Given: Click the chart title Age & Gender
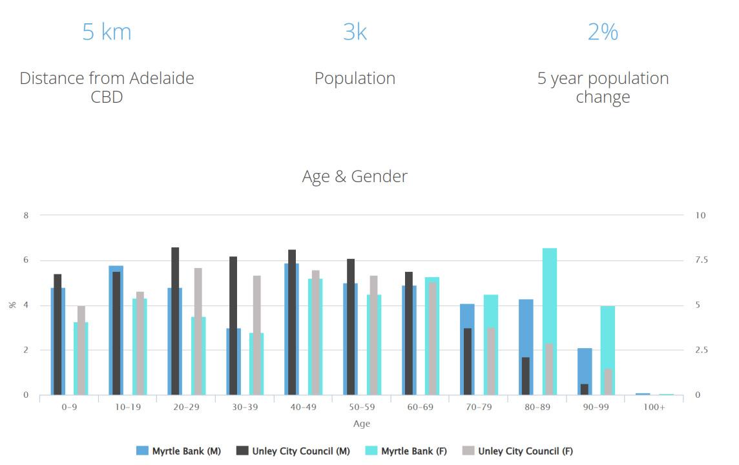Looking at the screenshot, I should tap(355, 176).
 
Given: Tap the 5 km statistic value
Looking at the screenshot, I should tap(107, 31).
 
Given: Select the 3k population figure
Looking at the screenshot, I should tap(355, 31).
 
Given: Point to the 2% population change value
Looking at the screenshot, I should tap(603, 31).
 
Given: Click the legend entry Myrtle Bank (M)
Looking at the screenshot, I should tap(179, 451).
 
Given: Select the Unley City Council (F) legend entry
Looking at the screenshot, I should tap(517, 451).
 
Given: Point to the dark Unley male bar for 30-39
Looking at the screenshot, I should tap(233, 325).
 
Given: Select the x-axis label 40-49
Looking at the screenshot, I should tap(303, 408).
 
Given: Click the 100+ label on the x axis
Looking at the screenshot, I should tap(654, 408).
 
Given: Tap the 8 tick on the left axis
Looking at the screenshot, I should tap(26, 215).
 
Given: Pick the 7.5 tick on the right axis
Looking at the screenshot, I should tap(702, 260).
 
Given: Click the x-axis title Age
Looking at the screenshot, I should tap(362, 424).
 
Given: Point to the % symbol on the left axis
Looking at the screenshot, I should tap(12, 305).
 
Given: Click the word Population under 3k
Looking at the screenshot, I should tap(355, 78).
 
